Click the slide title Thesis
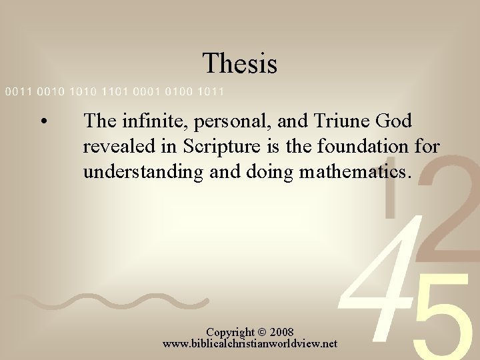(240, 63)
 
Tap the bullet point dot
(42, 122)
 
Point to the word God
(393, 121)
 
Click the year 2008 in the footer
(280, 332)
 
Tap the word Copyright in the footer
(229, 332)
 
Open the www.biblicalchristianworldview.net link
(250, 344)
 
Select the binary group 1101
(119, 91)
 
